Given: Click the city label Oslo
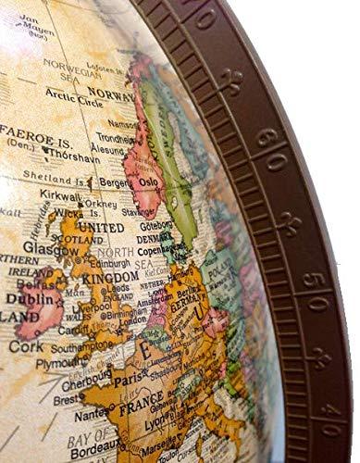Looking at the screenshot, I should tap(148, 182).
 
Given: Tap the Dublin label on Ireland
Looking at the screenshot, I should tap(28, 299).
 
